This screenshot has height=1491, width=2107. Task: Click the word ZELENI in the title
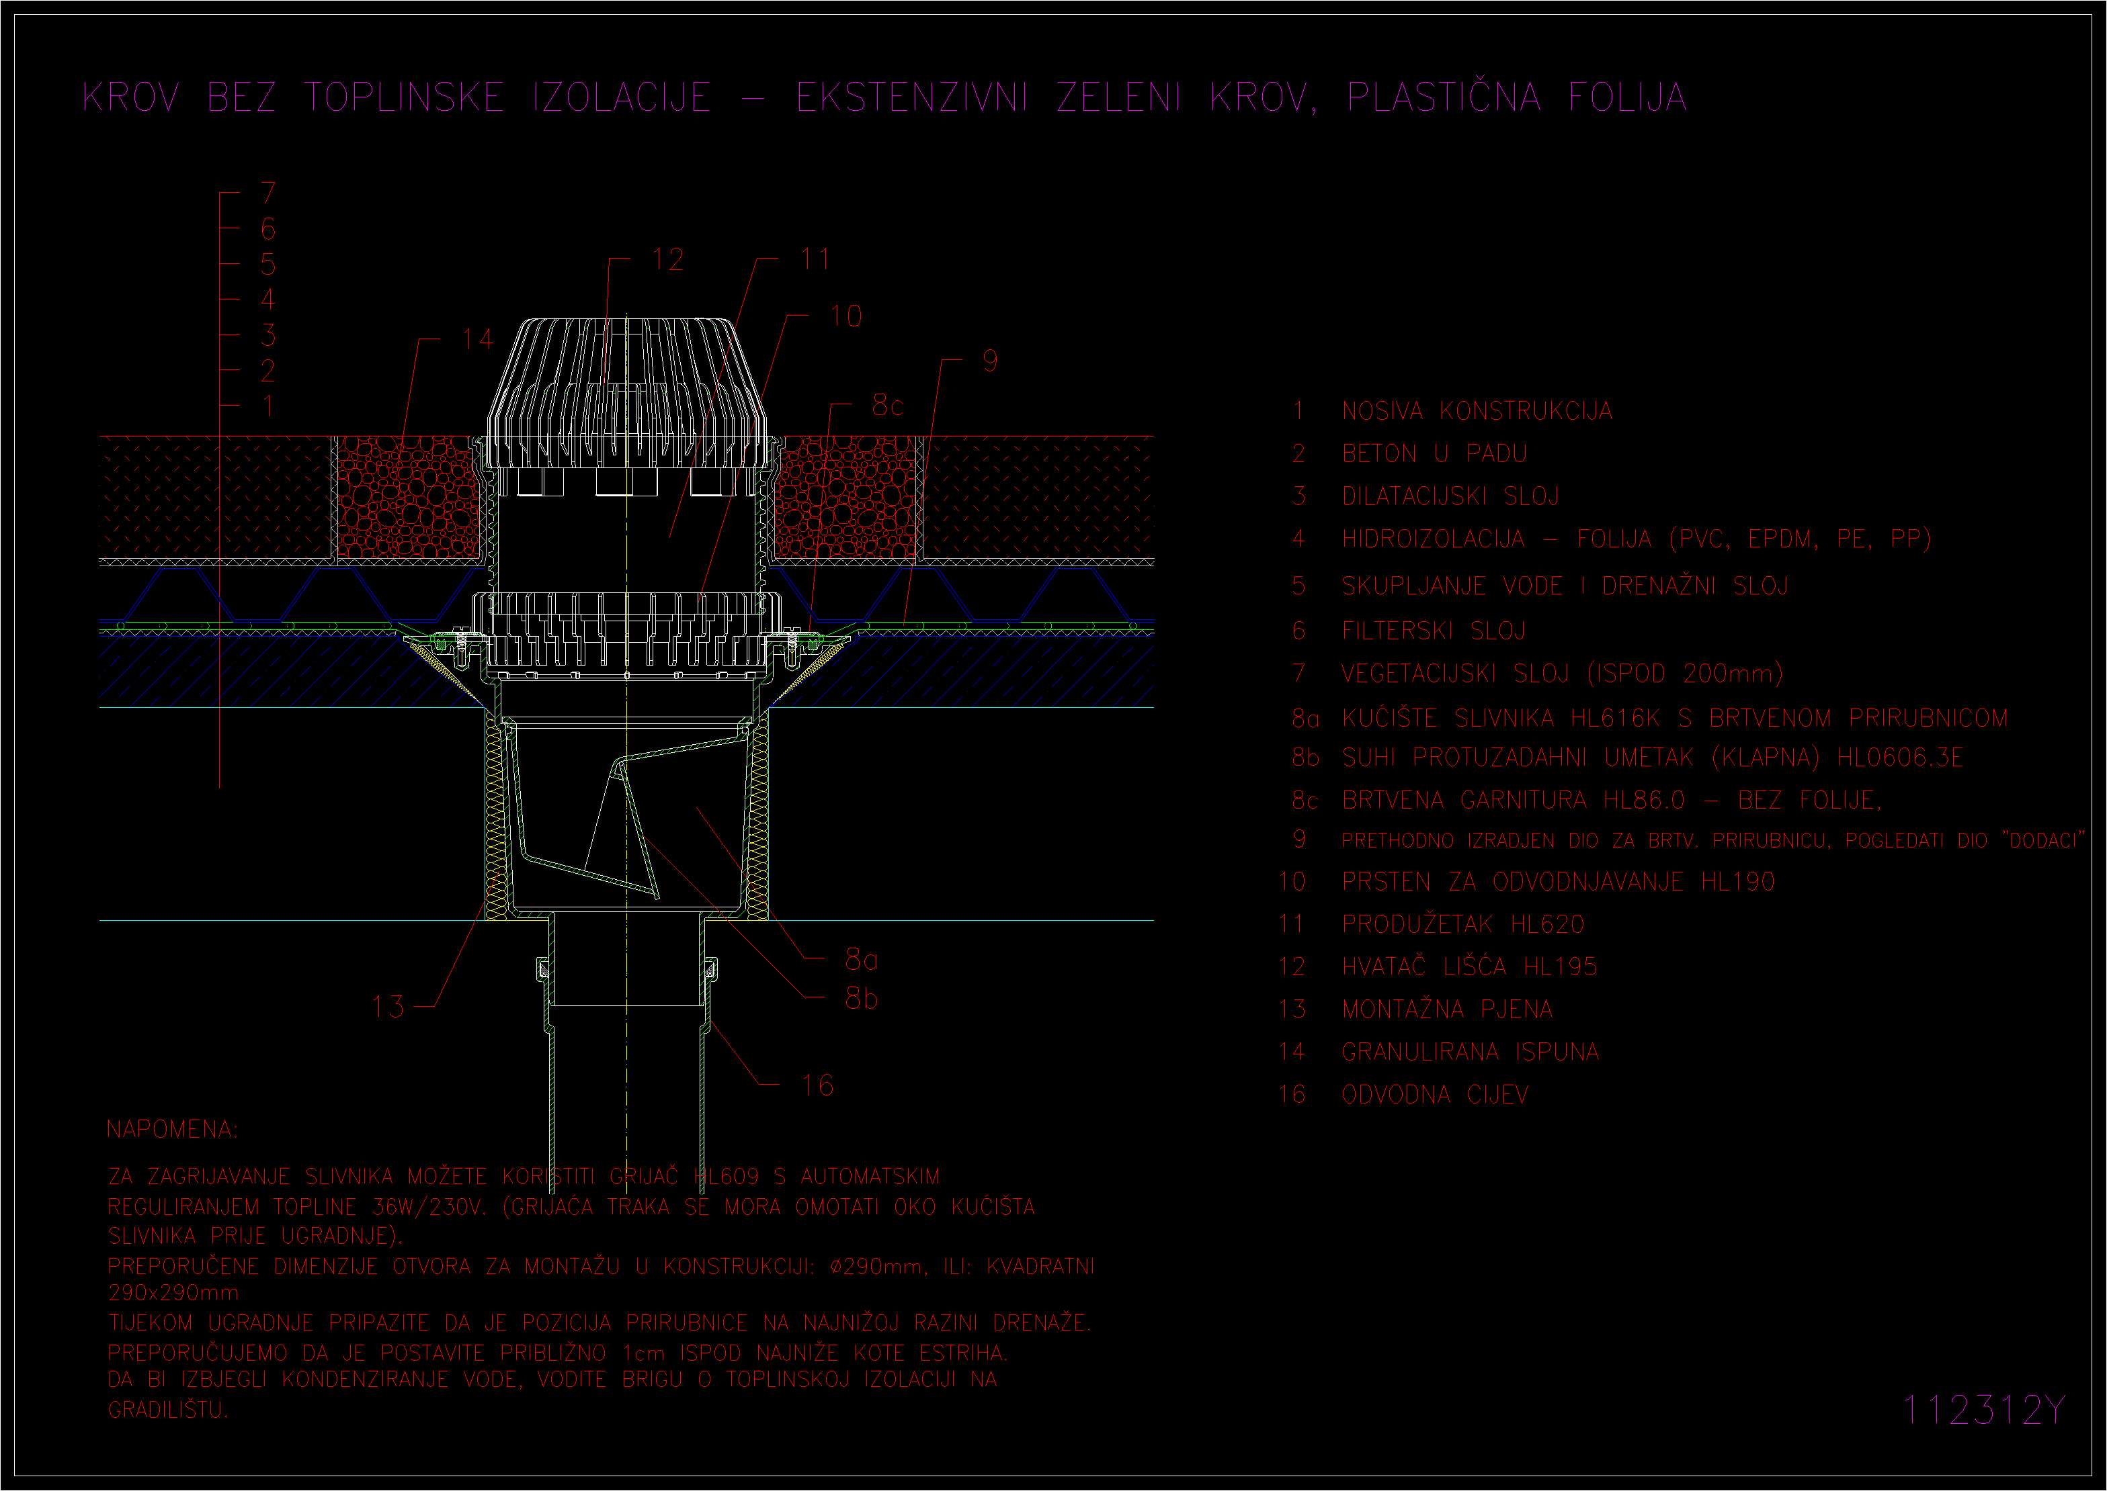(1119, 97)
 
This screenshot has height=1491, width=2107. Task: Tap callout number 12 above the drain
(668, 260)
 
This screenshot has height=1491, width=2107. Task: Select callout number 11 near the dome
(815, 260)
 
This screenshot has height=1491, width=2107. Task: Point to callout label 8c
(887, 405)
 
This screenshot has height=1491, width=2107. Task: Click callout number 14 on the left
(479, 340)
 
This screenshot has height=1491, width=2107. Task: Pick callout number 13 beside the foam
(388, 1006)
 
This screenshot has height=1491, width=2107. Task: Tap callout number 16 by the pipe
(817, 1086)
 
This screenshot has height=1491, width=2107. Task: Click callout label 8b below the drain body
(862, 998)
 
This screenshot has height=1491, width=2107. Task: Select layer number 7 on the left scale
(268, 193)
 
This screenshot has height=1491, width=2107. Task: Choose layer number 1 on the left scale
(268, 406)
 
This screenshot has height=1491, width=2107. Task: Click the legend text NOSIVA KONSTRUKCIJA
(1477, 411)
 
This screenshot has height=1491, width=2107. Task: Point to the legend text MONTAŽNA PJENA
(1446, 1009)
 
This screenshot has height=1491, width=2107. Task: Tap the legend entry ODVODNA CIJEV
(1435, 1094)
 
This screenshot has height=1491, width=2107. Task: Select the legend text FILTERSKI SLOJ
(1433, 631)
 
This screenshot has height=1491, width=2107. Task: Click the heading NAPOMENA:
(172, 1129)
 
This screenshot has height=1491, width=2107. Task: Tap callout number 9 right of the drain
(989, 361)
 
